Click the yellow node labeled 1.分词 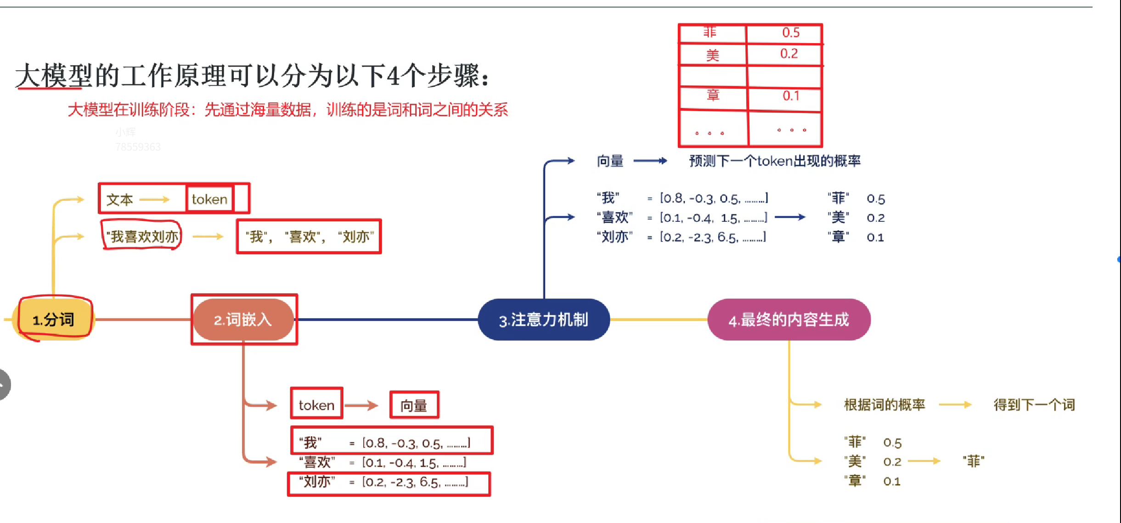(x=54, y=320)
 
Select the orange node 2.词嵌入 (x=243, y=320)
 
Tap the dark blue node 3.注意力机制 (x=544, y=320)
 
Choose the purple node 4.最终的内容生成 (x=789, y=320)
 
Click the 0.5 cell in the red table (x=790, y=33)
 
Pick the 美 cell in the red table (x=712, y=55)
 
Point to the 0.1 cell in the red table (x=790, y=96)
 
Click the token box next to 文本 (x=209, y=199)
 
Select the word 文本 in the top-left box (x=119, y=200)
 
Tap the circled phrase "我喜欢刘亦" (x=142, y=236)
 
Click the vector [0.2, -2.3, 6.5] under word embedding (x=415, y=482)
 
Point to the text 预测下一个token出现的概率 (x=774, y=161)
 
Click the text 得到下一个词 (x=1034, y=405)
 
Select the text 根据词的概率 (x=884, y=405)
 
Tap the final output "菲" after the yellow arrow (x=973, y=461)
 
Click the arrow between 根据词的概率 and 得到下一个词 (x=955, y=405)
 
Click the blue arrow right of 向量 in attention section (x=650, y=161)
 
